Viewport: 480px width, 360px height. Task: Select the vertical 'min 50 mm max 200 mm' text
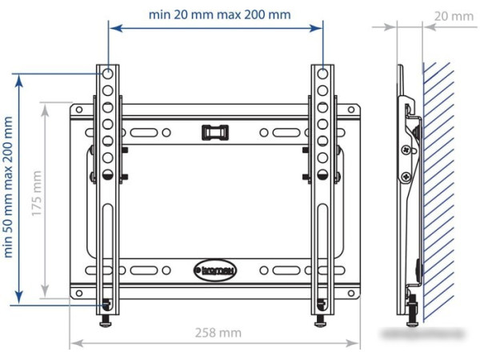pos(10,186)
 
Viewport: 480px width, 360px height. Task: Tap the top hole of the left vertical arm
pos(106,74)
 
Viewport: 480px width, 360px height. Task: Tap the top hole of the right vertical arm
pos(322,74)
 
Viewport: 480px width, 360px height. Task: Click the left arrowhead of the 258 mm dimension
pos(74,344)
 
